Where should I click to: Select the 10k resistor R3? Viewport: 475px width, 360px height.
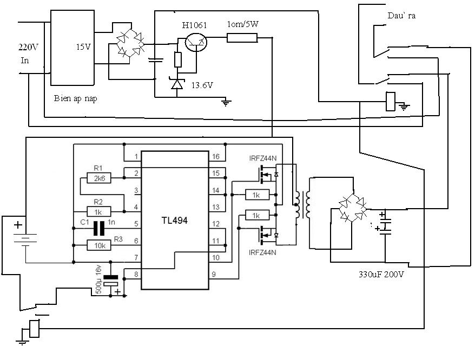[x=98, y=245]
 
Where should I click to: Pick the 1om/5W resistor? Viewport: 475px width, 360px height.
[x=242, y=37]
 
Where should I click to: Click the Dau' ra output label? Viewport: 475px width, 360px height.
[x=401, y=16]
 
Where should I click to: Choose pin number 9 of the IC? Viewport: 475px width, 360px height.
[x=215, y=274]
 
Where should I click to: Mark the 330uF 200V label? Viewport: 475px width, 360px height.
[x=381, y=274]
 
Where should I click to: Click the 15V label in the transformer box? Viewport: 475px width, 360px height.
[x=83, y=47]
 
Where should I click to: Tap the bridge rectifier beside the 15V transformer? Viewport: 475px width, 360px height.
[x=131, y=44]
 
